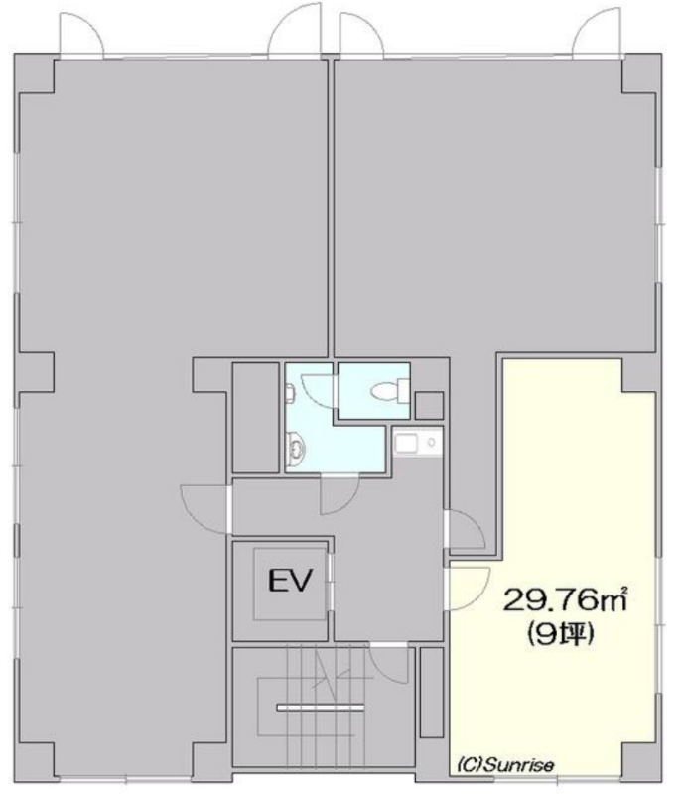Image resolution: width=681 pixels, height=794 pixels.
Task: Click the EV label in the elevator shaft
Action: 290,581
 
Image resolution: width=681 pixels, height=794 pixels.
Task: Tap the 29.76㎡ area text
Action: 565,600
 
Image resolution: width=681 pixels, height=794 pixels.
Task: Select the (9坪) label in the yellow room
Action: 561,634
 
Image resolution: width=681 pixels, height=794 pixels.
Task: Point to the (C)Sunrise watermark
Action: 505,764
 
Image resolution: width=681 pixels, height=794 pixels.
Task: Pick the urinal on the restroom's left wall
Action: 290,393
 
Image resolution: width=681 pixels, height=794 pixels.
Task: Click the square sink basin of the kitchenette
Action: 406,444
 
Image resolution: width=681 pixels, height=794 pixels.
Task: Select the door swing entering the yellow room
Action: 469,589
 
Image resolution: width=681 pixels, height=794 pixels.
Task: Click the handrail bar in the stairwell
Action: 321,708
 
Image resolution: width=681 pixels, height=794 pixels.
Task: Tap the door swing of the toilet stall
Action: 319,391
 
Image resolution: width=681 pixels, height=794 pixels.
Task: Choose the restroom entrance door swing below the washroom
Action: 340,494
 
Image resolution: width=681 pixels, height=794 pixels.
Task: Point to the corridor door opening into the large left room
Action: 206,509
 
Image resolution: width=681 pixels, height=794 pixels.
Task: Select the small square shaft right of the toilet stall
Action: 429,405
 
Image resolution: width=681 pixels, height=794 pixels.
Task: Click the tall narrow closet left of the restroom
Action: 256,417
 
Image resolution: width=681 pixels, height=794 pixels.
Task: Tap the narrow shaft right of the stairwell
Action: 432,692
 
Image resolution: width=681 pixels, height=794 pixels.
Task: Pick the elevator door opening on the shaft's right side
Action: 330,582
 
